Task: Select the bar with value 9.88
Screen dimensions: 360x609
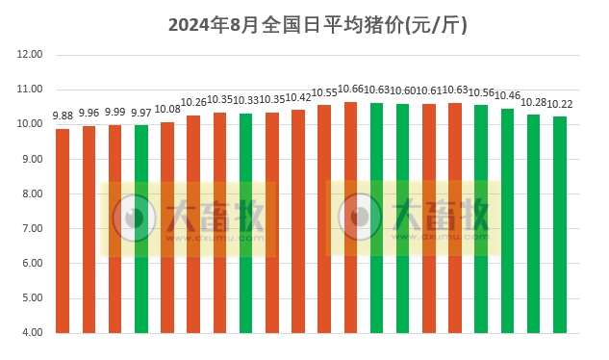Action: click(x=63, y=231)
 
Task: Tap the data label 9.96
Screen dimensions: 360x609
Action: click(x=89, y=113)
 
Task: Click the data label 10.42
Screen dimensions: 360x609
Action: click(x=298, y=97)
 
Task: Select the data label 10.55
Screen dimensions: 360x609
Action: click(x=324, y=92)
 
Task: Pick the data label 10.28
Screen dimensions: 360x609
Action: click(x=534, y=102)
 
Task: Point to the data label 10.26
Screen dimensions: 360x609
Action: click(x=194, y=102)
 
